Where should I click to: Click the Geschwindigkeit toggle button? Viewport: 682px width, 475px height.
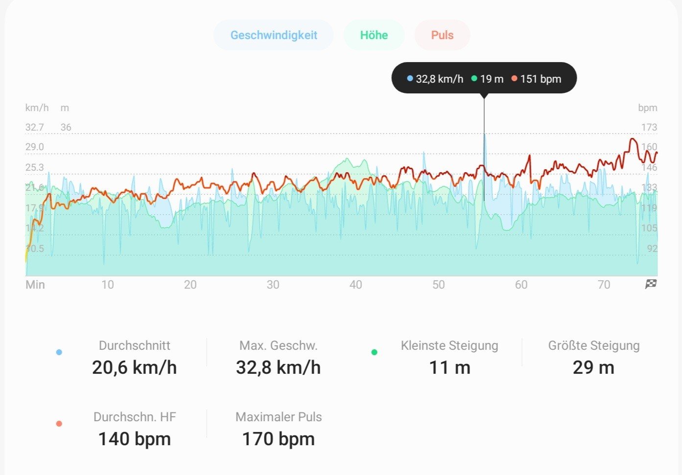coord(274,35)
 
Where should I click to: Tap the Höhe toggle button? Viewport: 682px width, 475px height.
coord(374,35)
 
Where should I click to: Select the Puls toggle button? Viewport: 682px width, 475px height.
coord(442,35)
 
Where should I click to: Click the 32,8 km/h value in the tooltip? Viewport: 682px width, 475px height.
coord(439,79)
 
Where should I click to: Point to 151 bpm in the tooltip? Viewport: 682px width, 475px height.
coord(541,79)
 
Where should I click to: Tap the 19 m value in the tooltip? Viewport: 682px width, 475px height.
coord(492,79)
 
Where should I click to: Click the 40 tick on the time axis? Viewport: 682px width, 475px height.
coord(355,285)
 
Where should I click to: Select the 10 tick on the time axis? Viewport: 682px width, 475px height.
coord(107,285)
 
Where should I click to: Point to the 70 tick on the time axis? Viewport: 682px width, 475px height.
coord(604,285)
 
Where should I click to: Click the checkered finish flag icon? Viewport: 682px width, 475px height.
coord(651,284)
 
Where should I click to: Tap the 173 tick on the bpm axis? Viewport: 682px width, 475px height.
coord(649,127)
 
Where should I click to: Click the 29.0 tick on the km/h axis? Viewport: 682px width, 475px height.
coord(35,147)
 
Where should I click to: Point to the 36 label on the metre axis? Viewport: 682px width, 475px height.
coord(66,127)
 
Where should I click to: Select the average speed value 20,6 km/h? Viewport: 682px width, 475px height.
coord(134,367)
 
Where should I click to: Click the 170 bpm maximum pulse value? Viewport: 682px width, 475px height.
coord(278,439)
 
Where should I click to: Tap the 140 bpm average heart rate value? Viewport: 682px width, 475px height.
coord(134,439)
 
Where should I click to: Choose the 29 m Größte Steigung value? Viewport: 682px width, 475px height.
coord(593,367)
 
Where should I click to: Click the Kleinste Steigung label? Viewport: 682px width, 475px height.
coord(449,345)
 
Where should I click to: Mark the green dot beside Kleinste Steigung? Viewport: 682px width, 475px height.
coord(375,352)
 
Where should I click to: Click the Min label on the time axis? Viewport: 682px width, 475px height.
coord(35,285)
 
